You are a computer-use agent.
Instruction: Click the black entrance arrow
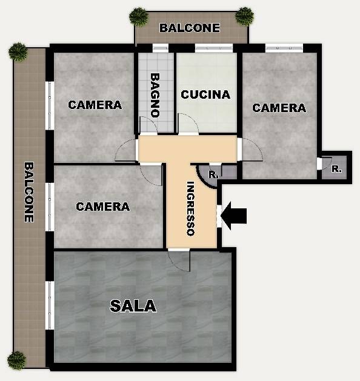pos(234,216)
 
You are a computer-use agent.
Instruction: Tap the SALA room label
pos(133,306)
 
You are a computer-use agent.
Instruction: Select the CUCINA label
pos(205,94)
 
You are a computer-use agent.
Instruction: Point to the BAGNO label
pos(155,95)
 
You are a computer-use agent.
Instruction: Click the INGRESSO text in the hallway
pos(190,208)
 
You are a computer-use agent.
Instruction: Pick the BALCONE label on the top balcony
pos(190,28)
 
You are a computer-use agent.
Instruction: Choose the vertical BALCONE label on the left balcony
pos(29,192)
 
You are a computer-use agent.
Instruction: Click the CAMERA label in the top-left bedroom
pos(95,105)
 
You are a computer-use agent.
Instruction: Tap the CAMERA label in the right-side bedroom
pos(279,108)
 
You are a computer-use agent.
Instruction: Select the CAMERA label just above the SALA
pos(103,207)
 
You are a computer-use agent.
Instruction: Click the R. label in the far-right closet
pos(336,169)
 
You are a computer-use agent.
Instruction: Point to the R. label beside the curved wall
pos(213,174)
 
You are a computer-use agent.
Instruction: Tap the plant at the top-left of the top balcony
pos(139,16)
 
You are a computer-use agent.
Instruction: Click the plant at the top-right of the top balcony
pos(245,16)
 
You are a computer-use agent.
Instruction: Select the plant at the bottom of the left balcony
pos(16,360)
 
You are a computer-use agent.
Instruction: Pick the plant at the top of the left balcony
pos(18,52)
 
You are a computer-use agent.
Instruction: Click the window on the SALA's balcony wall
pos(50,305)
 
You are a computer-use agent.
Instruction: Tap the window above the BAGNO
pos(161,48)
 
